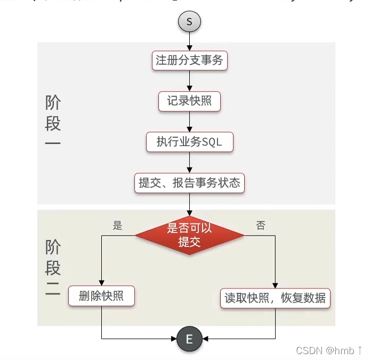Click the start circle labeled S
click(190, 22)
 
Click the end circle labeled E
click(189, 339)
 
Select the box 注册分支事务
click(189, 60)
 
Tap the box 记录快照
click(189, 101)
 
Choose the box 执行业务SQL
click(189, 142)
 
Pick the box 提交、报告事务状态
click(189, 183)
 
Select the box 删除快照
click(101, 296)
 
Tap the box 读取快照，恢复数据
click(276, 297)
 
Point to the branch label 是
click(118, 226)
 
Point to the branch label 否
click(261, 226)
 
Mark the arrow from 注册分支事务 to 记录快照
click(190, 81)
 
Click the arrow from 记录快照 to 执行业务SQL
click(190, 122)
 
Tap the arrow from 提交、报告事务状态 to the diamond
click(190, 204)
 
